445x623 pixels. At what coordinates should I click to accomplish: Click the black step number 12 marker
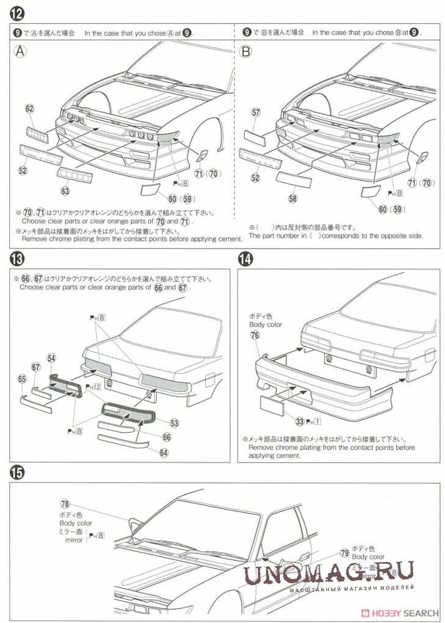17,12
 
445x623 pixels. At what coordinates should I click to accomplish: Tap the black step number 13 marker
17,259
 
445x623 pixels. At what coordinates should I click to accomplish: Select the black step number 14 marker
245,259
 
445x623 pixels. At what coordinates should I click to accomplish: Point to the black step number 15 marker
17,472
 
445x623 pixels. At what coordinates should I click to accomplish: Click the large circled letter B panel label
246,52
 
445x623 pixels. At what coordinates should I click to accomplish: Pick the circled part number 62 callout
30,108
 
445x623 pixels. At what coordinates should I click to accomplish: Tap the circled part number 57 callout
256,112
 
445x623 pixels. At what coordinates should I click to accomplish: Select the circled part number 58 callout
293,199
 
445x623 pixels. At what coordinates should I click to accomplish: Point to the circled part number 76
255,335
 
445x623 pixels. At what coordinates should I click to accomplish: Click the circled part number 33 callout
300,420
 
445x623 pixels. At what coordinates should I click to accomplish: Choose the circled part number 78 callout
65,504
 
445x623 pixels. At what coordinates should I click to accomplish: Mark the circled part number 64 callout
163,453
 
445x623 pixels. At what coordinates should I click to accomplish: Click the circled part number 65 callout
23,379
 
